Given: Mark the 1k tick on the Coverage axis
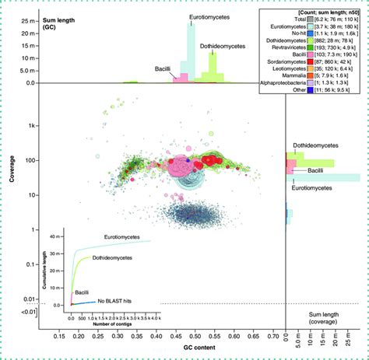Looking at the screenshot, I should coord(32,125).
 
